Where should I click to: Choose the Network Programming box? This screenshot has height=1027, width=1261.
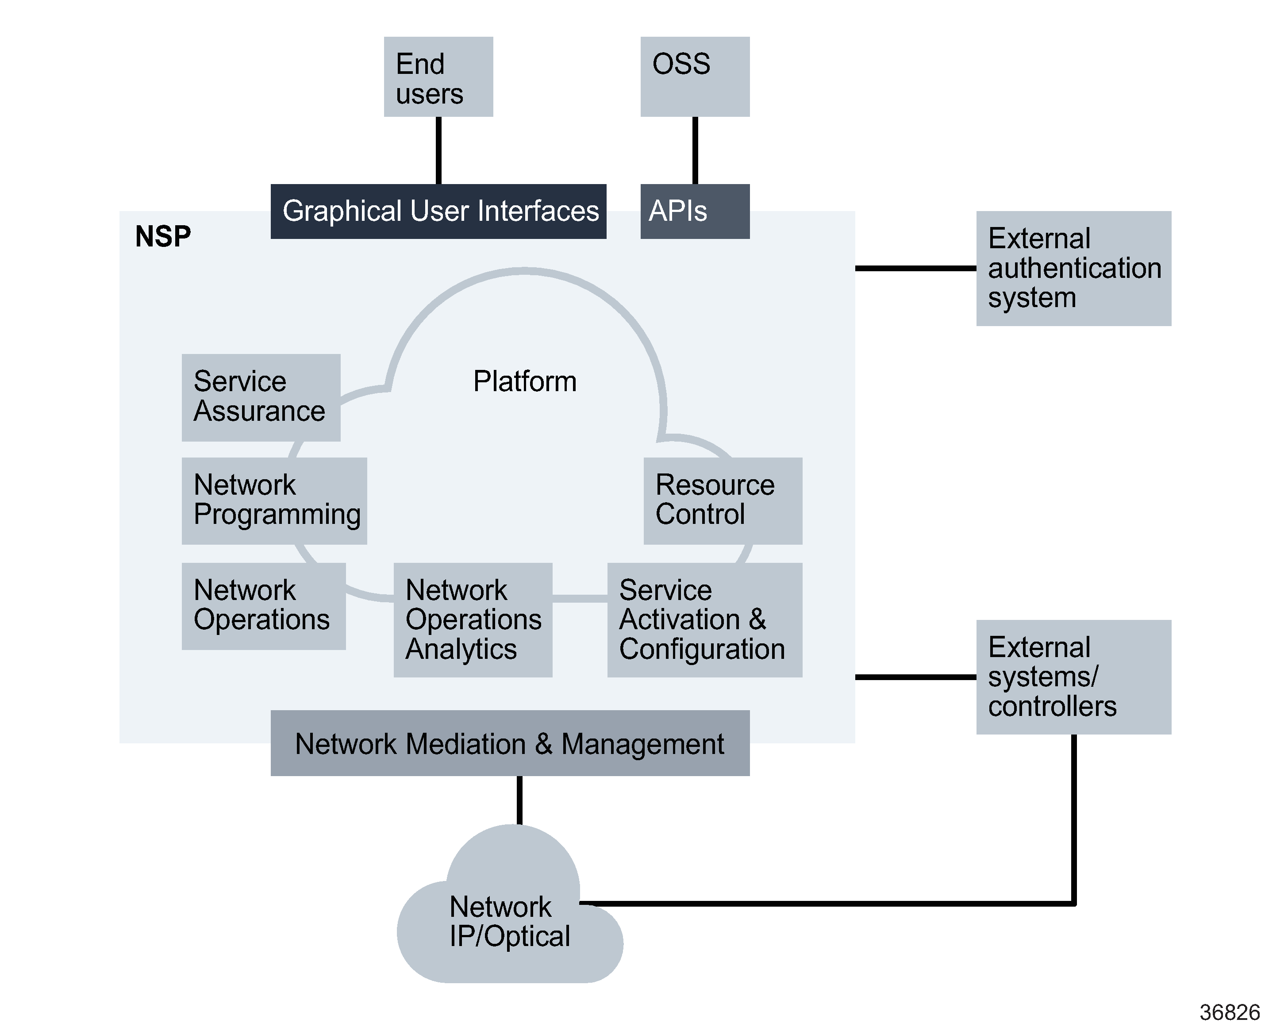[274, 500]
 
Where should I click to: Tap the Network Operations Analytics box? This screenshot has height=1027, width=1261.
[473, 619]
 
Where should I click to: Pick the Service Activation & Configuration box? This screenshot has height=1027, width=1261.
[704, 619]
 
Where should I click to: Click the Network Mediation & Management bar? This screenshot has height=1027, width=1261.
[509, 743]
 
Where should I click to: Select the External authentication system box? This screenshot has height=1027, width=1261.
[1073, 268]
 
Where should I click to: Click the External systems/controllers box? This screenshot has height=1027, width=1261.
[1073, 677]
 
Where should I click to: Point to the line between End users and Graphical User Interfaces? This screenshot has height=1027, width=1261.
[438, 150]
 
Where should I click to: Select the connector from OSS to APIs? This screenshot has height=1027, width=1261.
[695, 150]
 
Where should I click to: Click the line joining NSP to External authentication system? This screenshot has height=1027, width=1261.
[915, 268]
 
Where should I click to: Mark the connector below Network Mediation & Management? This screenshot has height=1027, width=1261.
[519, 799]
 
